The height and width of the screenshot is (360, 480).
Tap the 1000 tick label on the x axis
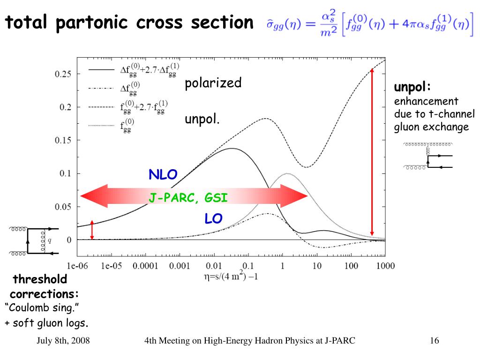pyautogui.click(x=385, y=266)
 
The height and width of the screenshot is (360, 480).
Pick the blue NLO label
pyautogui.click(x=163, y=175)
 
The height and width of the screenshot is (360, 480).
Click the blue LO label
pyautogui.click(x=213, y=218)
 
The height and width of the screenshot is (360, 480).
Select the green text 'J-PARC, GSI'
pyautogui.click(x=188, y=198)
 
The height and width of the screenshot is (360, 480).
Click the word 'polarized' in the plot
pyautogui.click(x=213, y=83)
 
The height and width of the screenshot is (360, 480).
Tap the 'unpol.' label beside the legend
pyautogui.click(x=202, y=120)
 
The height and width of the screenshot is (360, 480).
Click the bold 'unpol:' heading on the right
pyautogui.click(x=412, y=88)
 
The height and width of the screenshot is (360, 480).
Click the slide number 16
pyautogui.click(x=434, y=341)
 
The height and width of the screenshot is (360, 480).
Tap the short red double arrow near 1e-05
pyautogui.click(x=92, y=230)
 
